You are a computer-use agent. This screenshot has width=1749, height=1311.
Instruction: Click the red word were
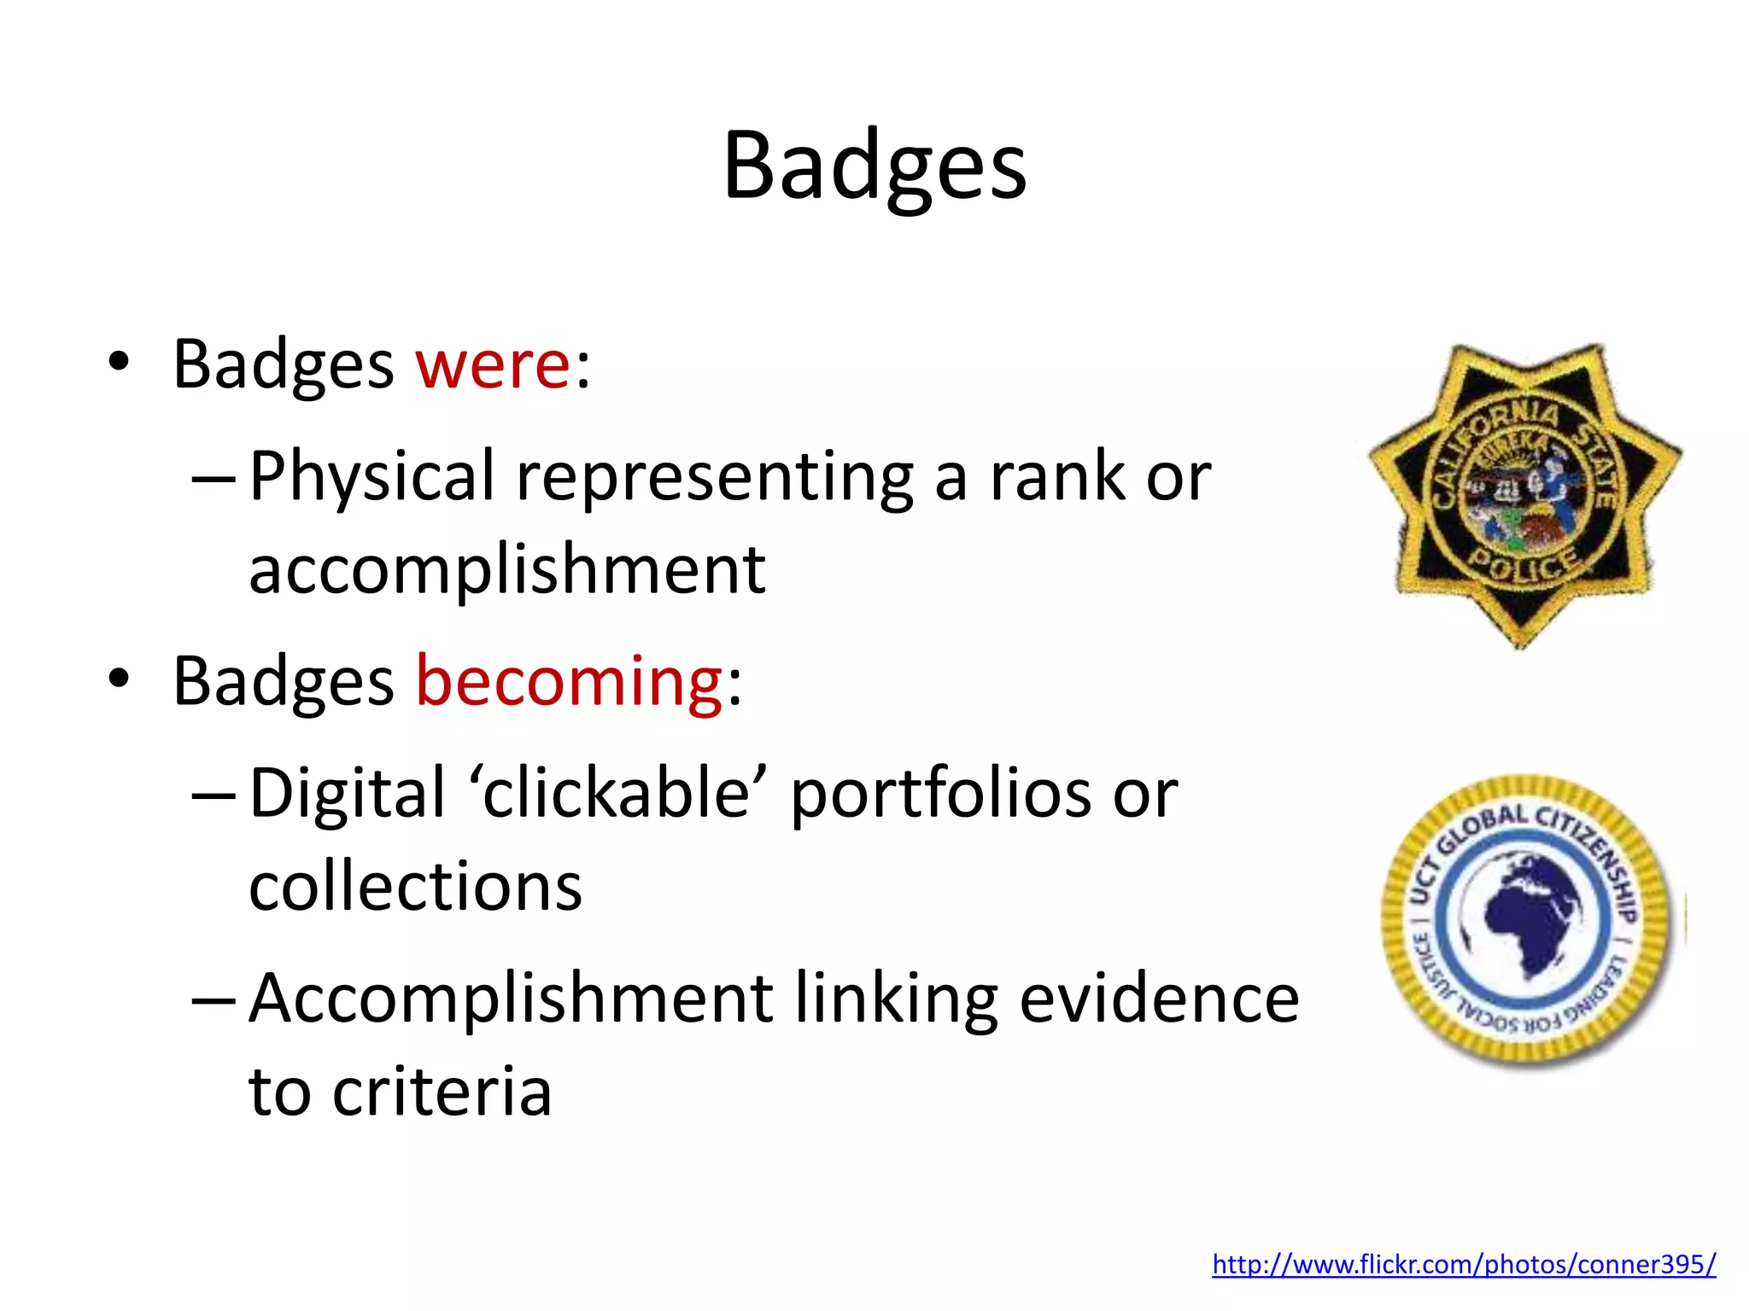[x=493, y=365]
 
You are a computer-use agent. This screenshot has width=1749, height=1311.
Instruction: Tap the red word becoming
[x=570, y=682]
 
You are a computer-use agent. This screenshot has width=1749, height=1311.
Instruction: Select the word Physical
[x=372, y=476]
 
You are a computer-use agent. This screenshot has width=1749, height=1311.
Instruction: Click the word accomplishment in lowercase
[x=507, y=570]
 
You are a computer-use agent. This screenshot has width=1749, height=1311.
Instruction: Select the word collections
[x=416, y=887]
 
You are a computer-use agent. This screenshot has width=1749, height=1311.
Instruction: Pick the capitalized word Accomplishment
[x=511, y=999]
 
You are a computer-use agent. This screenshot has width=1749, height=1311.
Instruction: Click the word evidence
[x=1160, y=999]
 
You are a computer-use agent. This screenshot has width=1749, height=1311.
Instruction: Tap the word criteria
[x=442, y=1092]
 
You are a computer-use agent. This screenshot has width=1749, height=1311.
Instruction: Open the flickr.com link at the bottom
[x=1464, y=1264]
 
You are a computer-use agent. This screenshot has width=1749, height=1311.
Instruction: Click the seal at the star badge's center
[x=1520, y=495]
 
